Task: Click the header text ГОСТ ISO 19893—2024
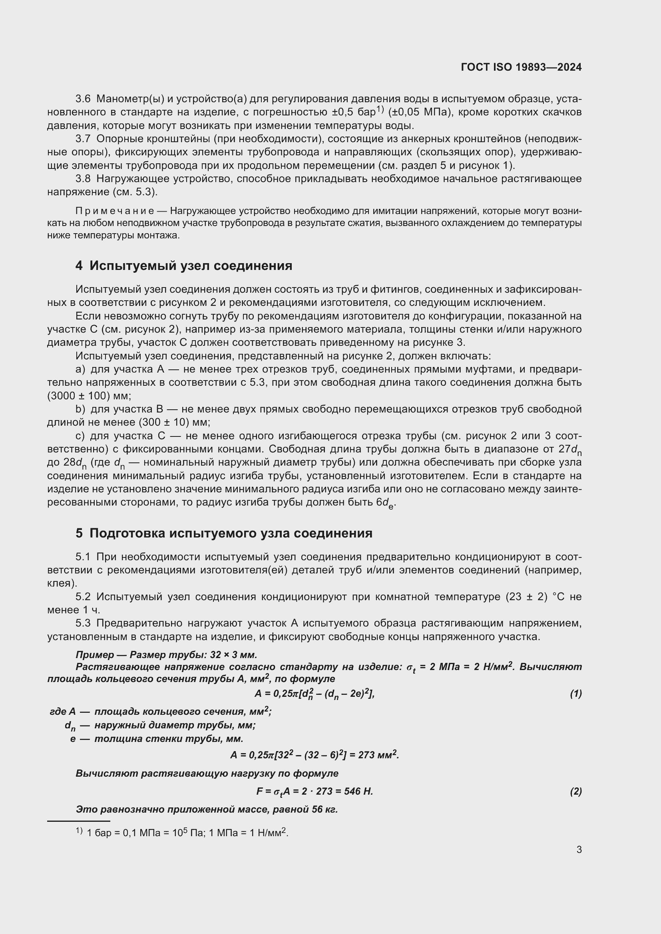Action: pos(521,67)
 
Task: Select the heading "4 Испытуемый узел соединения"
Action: pos(183,266)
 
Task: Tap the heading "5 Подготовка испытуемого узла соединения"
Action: pos(224,533)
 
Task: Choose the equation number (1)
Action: pos(575,694)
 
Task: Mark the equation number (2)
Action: pos(575,791)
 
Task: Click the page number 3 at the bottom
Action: pos(579,849)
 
